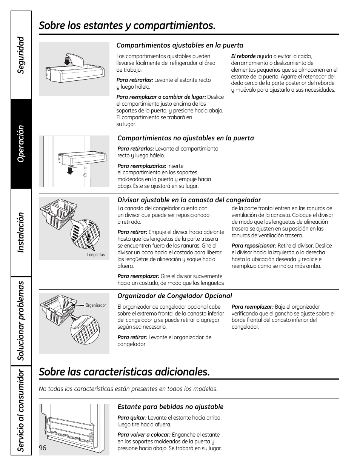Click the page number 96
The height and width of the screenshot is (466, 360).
coord(42,448)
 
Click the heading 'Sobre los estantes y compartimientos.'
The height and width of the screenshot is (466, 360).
coord(127,26)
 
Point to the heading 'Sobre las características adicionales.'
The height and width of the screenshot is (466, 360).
coord(124,372)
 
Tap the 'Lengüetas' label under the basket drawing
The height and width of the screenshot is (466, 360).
coord(96,255)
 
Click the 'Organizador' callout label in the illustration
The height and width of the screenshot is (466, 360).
coord(96,305)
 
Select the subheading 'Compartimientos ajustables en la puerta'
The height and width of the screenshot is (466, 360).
coord(180,45)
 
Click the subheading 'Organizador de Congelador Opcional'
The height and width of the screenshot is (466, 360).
coord(174,296)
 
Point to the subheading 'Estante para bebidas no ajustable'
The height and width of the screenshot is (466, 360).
coord(170,407)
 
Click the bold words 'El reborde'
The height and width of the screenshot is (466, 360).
coord(243,56)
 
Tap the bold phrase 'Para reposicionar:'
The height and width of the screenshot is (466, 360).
coord(254,246)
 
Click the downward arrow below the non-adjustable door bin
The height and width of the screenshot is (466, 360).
coord(69,171)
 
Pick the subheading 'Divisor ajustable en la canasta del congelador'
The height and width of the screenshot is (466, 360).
coord(189,200)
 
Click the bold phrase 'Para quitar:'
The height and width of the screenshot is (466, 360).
coord(132,418)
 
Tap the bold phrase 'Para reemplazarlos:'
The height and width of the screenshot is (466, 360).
coord(142,166)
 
